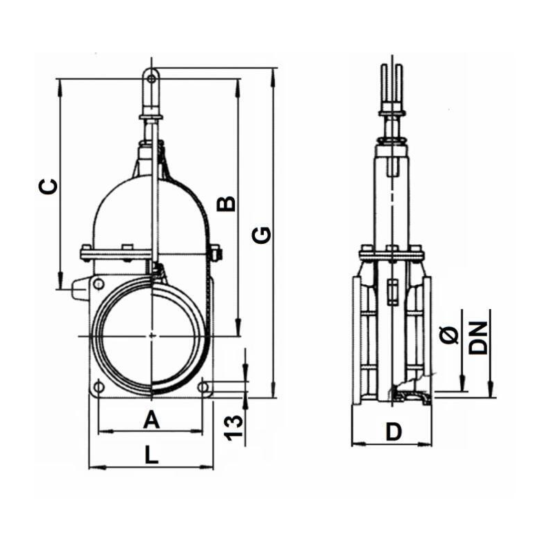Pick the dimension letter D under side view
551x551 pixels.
[393, 432]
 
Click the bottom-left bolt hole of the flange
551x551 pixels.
[100, 388]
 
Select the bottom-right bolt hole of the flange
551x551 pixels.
[204, 388]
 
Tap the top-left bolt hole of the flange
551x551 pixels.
[99, 282]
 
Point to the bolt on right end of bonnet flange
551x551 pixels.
[216, 253]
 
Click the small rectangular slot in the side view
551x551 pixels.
[392, 292]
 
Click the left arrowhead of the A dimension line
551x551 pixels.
[102, 432]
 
